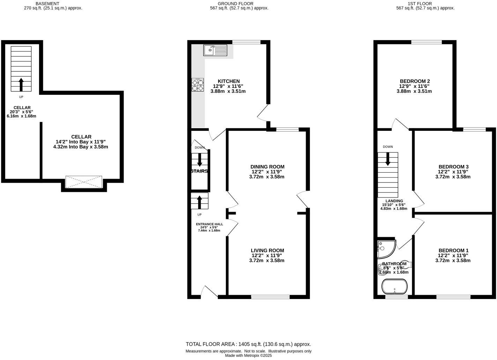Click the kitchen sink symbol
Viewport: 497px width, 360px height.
click(215, 50)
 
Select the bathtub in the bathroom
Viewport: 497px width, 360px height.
click(395, 287)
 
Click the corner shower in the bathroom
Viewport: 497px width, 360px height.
click(386, 248)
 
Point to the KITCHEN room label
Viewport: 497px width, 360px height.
click(229, 81)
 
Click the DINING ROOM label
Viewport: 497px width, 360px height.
click(267, 167)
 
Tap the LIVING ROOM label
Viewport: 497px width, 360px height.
click(267, 250)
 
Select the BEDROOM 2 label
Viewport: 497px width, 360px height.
click(415, 81)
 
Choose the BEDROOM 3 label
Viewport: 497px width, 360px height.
click(453, 167)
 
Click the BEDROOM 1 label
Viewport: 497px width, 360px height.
click(453, 250)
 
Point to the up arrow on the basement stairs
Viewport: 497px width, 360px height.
click(21, 84)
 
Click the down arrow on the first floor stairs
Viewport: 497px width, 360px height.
click(388, 159)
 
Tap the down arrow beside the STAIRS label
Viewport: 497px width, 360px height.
click(200, 160)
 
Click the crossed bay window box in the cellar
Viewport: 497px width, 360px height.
click(84, 182)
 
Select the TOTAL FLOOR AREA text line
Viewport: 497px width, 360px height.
click(248, 344)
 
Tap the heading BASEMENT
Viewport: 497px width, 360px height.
click(47, 3)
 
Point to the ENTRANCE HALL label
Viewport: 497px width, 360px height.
click(209, 224)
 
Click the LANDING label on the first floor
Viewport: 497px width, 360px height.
click(394, 201)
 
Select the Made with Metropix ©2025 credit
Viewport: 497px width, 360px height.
click(248, 355)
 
